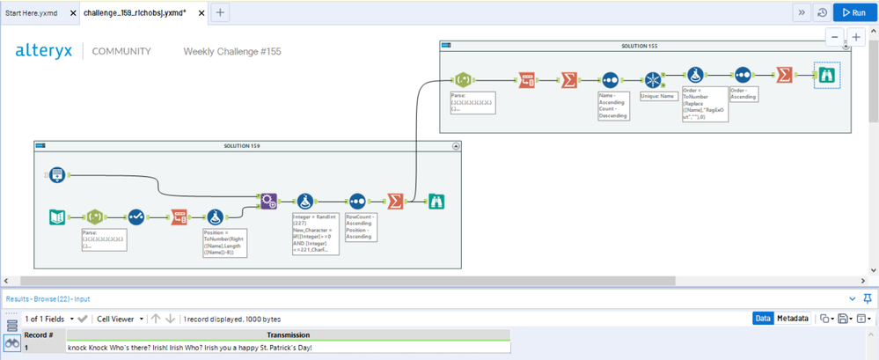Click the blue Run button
854,12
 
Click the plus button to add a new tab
220,12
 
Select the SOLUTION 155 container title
646,45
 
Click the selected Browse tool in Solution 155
826,77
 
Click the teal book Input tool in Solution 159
56,217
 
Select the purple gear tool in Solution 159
268,202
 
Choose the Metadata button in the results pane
793,319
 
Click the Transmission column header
289,334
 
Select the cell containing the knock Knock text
190,347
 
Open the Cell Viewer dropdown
119,319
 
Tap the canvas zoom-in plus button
855,38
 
